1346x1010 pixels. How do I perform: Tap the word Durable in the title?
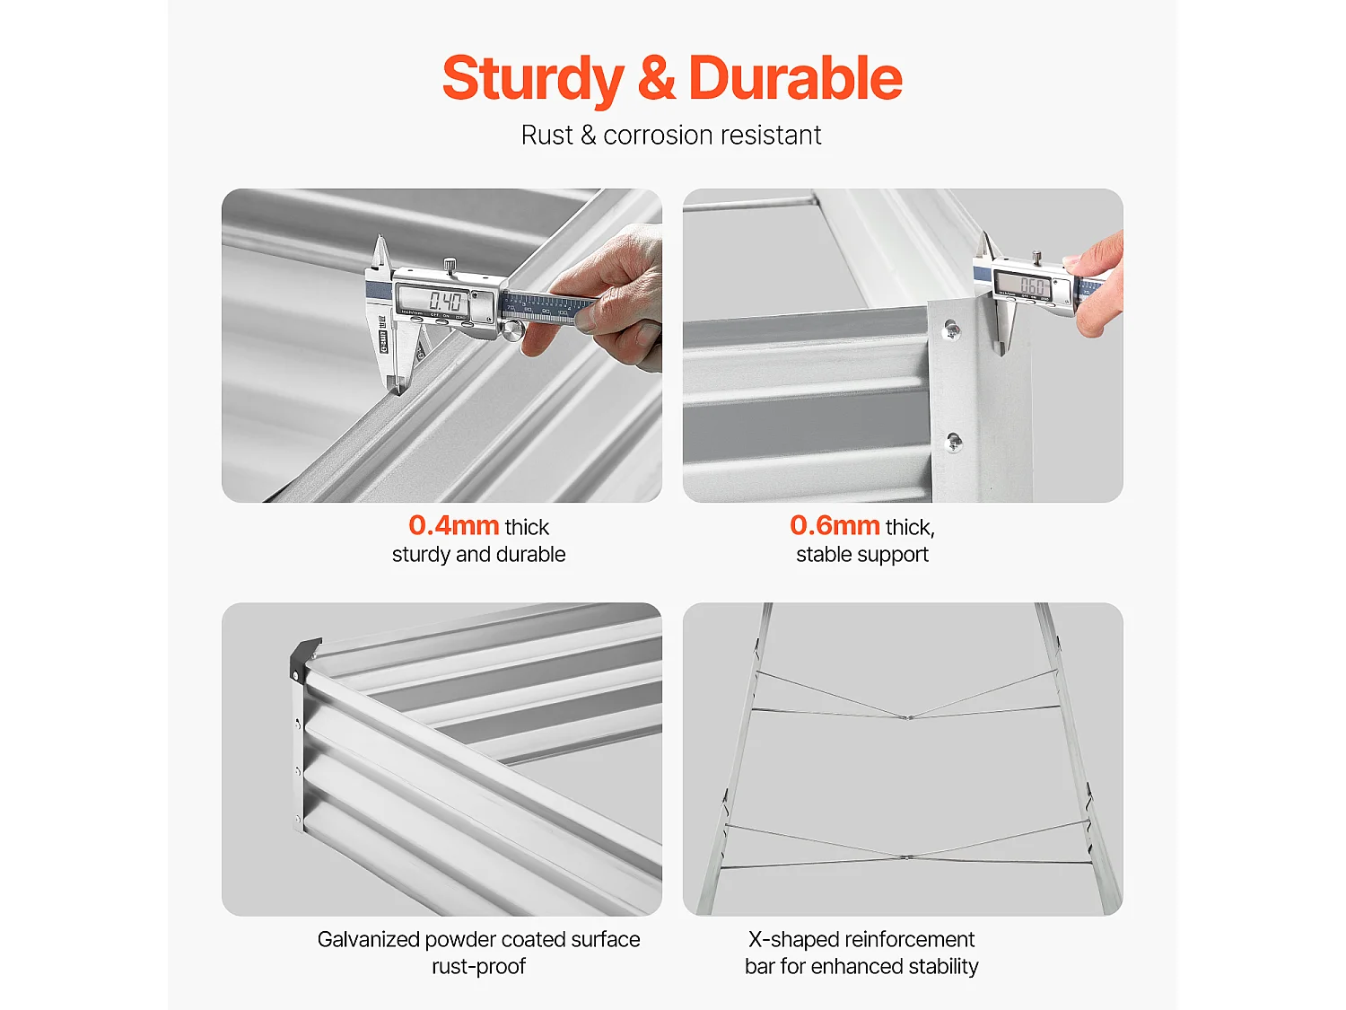point(795,78)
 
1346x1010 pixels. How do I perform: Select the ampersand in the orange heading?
point(656,78)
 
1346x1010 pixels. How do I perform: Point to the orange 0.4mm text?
point(454,525)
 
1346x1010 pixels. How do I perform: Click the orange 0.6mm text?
point(835,525)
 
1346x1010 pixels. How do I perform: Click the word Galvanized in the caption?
point(368,939)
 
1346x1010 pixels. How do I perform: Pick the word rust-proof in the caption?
point(478,967)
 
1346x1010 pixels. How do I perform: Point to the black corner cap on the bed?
point(304,658)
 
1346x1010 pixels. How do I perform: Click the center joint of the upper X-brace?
point(909,716)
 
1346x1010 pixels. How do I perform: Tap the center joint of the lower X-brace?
point(907,856)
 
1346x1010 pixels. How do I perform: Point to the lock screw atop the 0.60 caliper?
point(1037,258)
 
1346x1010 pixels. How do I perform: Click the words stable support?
point(862,554)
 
